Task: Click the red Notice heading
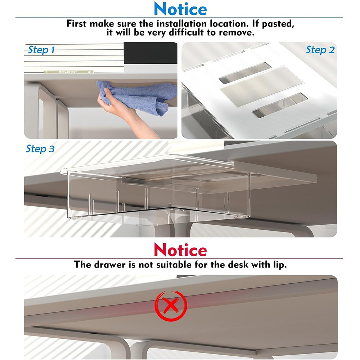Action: (x=180, y=249)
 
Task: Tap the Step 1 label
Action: (x=41, y=50)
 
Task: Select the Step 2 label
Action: (x=320, y=50)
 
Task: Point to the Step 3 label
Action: (x=40, y=149)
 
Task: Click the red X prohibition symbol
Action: (x=171, y=306)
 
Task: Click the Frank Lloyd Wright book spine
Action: (x=68, y=72)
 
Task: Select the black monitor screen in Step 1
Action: (x=150, y=53)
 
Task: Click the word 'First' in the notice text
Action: (x=76, y=24)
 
